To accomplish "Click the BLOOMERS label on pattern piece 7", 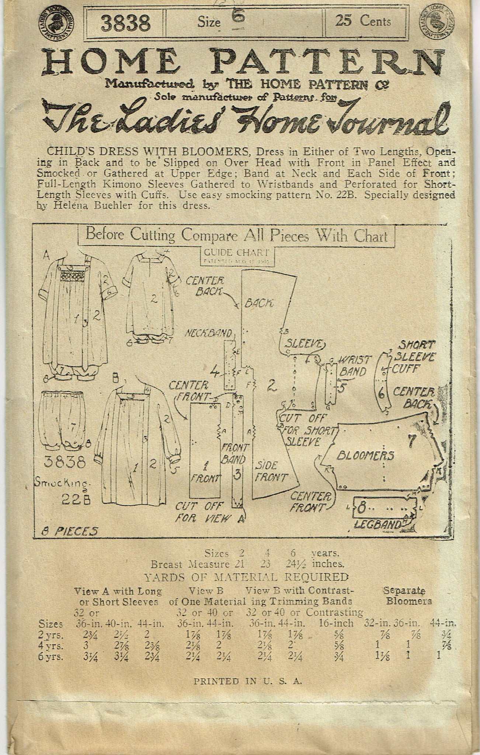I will [365, 456].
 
